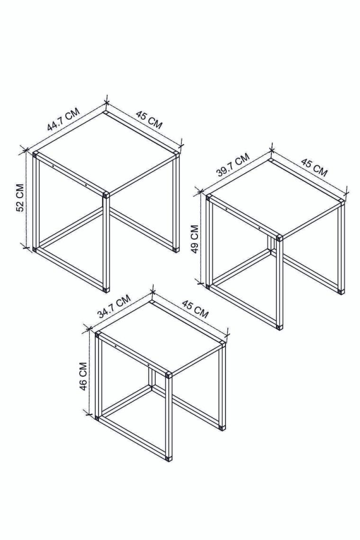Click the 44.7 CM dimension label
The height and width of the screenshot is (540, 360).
pos(63,119)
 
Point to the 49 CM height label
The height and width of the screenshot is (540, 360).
pos(195,239)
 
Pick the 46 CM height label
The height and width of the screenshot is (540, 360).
pos(83,376)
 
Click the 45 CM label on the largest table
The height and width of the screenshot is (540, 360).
pos(149,119)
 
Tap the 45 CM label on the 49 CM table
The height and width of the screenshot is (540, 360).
pos(314,167)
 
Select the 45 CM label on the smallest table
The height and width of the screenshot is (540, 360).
pos(195,309)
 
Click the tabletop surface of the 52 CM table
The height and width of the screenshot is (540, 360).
pos(106,152)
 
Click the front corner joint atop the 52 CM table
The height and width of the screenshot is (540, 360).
pos(106,195)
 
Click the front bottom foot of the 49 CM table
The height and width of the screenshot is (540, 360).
pos(279,326)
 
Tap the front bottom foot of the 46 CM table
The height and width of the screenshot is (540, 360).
pos(168,458)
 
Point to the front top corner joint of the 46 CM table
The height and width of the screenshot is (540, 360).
pos(169,376)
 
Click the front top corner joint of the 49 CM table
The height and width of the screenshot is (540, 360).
pos(279,238)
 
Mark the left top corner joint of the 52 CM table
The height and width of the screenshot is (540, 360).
pos(35,155)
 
